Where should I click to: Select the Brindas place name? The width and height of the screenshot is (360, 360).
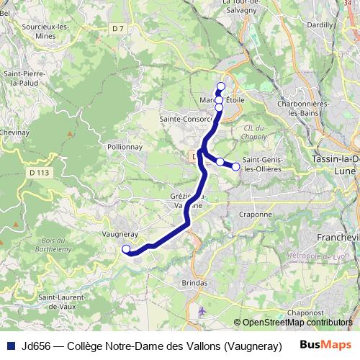point(195,283)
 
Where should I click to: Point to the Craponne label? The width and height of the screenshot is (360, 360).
point(256,214)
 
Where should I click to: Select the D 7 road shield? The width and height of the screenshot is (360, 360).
point(119,48)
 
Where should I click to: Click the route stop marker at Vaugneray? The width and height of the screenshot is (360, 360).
point(126,250)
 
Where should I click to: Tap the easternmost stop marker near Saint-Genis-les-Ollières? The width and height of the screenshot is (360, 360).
point(235,167)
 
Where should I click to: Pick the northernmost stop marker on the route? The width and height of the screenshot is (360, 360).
point(221,86)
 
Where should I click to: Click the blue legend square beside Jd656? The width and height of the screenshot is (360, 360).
point(12,345)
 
